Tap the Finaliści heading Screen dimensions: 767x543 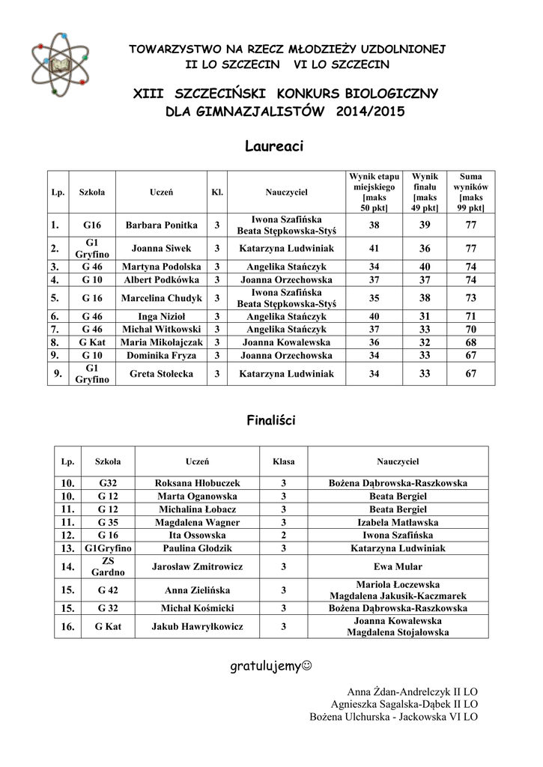pos(271,421)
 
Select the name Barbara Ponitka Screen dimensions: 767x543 pos(161,225)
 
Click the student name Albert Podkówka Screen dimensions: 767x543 pos(161,280)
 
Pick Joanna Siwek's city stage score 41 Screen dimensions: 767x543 pos(374,248)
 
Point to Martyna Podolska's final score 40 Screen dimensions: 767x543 pos(425,267)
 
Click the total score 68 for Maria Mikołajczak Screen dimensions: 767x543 pos(471,342)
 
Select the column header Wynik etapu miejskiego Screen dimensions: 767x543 pos(374,191)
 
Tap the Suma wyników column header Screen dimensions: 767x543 pos(471,191)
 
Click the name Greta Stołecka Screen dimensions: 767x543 pos(161,374)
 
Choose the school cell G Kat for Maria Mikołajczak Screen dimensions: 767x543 pos(92,342)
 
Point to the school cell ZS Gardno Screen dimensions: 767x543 pos(108,567)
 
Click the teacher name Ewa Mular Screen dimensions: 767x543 pos(398,567)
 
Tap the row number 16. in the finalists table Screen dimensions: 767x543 pos(68,626)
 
